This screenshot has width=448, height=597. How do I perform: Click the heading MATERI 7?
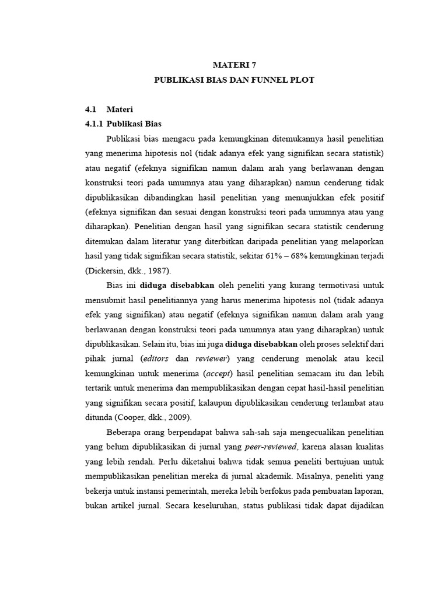click(x=233, y=66)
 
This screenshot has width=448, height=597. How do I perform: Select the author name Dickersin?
click(x=104, y=272)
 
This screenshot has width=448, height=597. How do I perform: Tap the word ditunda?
click(x=100, y=417)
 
